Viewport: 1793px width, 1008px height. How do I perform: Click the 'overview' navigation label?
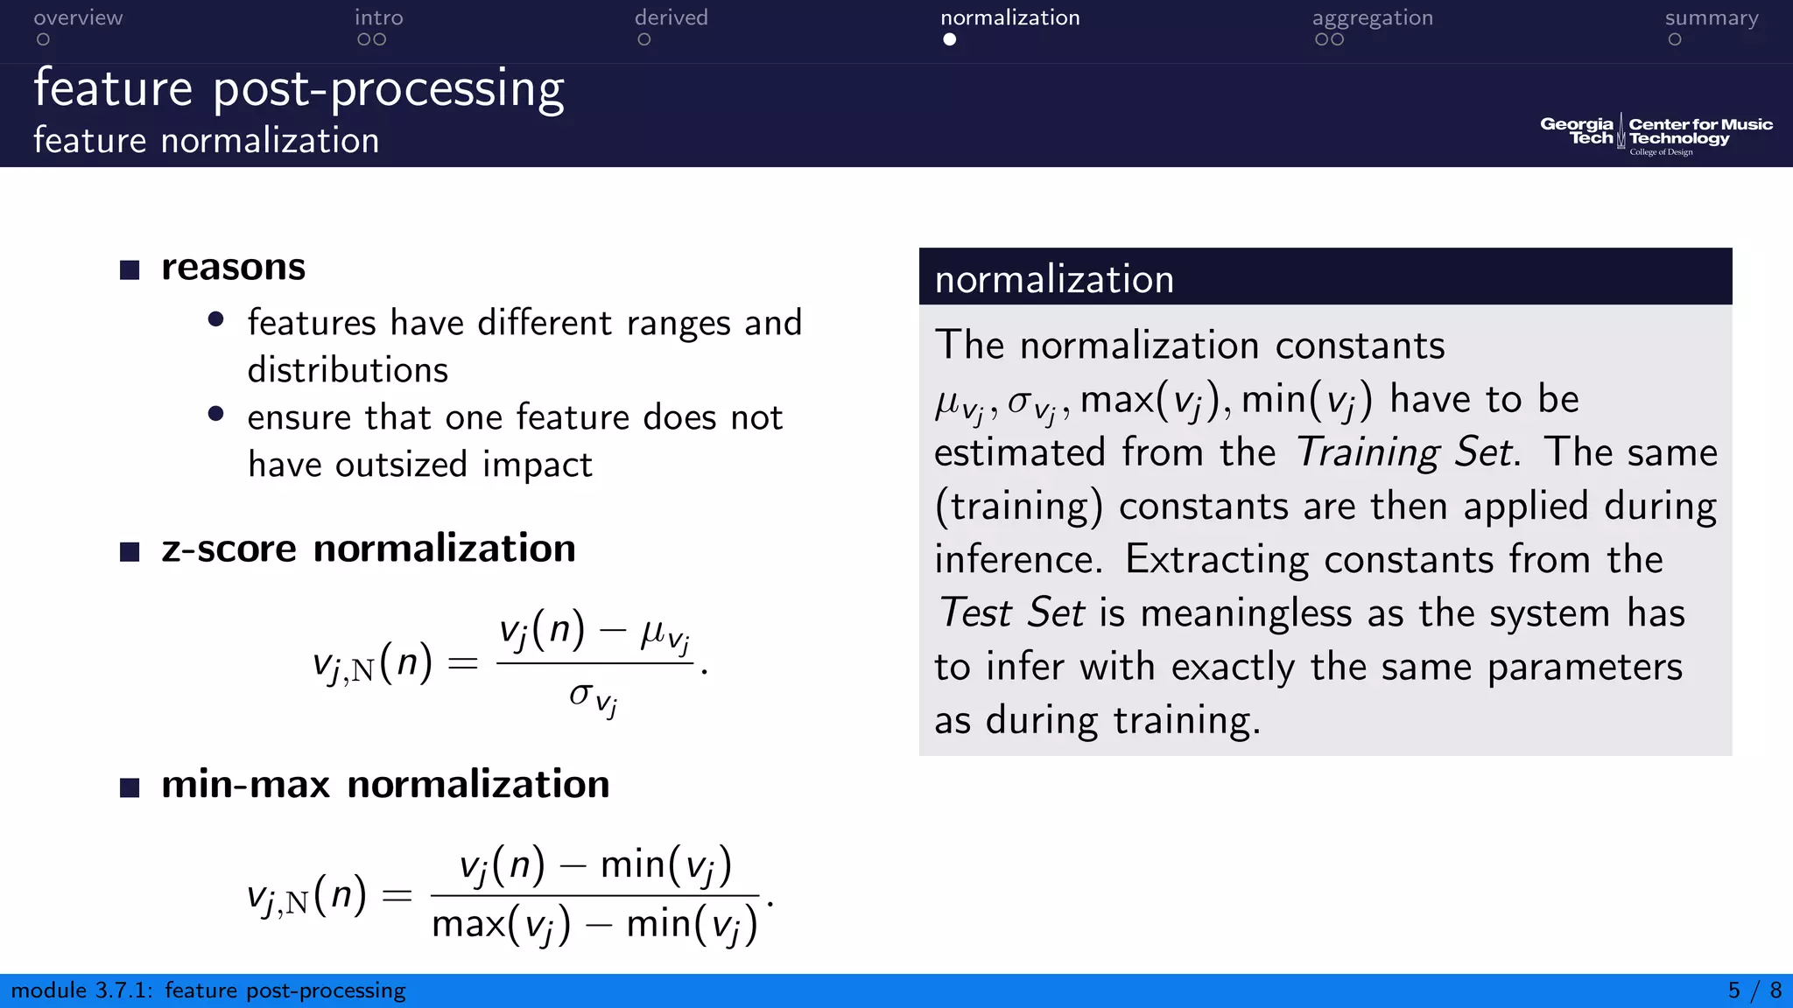click(x=78, y=17)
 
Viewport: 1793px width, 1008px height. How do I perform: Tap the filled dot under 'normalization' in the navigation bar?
click(x=949, y=39)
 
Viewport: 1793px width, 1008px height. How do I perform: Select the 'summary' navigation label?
click(x=1711, y=17)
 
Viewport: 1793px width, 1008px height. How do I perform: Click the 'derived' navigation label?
click(x=671, y=17)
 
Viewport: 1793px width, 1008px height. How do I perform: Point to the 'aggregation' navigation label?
click(x=1372, y=17)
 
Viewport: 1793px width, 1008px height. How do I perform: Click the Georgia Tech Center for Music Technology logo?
click(x=1656, y=134)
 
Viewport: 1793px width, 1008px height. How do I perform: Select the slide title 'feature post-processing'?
click(x=299, y=89)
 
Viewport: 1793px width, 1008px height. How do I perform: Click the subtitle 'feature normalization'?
click(x=207, y=141)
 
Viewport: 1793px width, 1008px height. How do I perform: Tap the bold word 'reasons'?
click(x=233, y=268)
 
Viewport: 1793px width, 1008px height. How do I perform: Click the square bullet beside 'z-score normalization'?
click(x=130, y=551)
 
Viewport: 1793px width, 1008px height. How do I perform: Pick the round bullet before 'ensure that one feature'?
click(x=216, y=414)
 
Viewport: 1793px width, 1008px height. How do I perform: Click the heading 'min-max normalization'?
click(x=385, y=785)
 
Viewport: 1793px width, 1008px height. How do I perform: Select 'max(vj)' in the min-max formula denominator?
click(x=501, y=926)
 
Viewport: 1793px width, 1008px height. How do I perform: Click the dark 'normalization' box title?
click(x=1054, y=279)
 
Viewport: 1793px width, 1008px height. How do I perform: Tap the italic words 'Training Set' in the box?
click(x=1406, y=452)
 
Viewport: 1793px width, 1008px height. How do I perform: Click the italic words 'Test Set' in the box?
click(x=1012, y=612)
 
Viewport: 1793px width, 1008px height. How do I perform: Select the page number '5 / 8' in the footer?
click(x=1754, y=990)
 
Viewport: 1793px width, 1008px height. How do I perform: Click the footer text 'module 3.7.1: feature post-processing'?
click(x=208, y=990)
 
